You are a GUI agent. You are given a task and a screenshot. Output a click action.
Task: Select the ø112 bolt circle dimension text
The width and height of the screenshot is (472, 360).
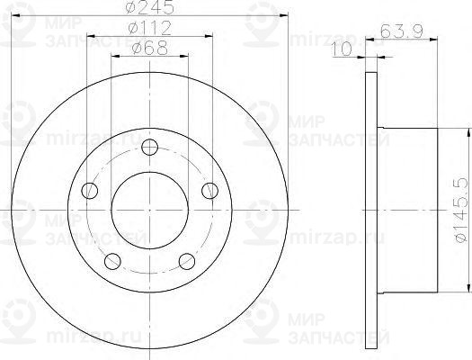[x=148, y=37]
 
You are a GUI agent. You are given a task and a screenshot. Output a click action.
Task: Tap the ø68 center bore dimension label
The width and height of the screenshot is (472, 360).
[x=148, y=58]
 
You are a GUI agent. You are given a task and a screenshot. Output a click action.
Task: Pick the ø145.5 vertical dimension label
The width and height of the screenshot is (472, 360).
[x=460, y=211]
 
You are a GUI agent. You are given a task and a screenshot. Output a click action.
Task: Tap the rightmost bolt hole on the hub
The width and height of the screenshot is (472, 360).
[x=209, y=190]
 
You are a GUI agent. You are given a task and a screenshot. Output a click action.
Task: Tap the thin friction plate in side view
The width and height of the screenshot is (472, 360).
[x=372, y=211]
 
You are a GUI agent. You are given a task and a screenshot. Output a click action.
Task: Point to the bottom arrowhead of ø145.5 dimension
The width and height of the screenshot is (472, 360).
[x=468, y=290]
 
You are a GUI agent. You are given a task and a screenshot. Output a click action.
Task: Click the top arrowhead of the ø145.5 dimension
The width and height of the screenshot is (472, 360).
[x=468, y=133]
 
